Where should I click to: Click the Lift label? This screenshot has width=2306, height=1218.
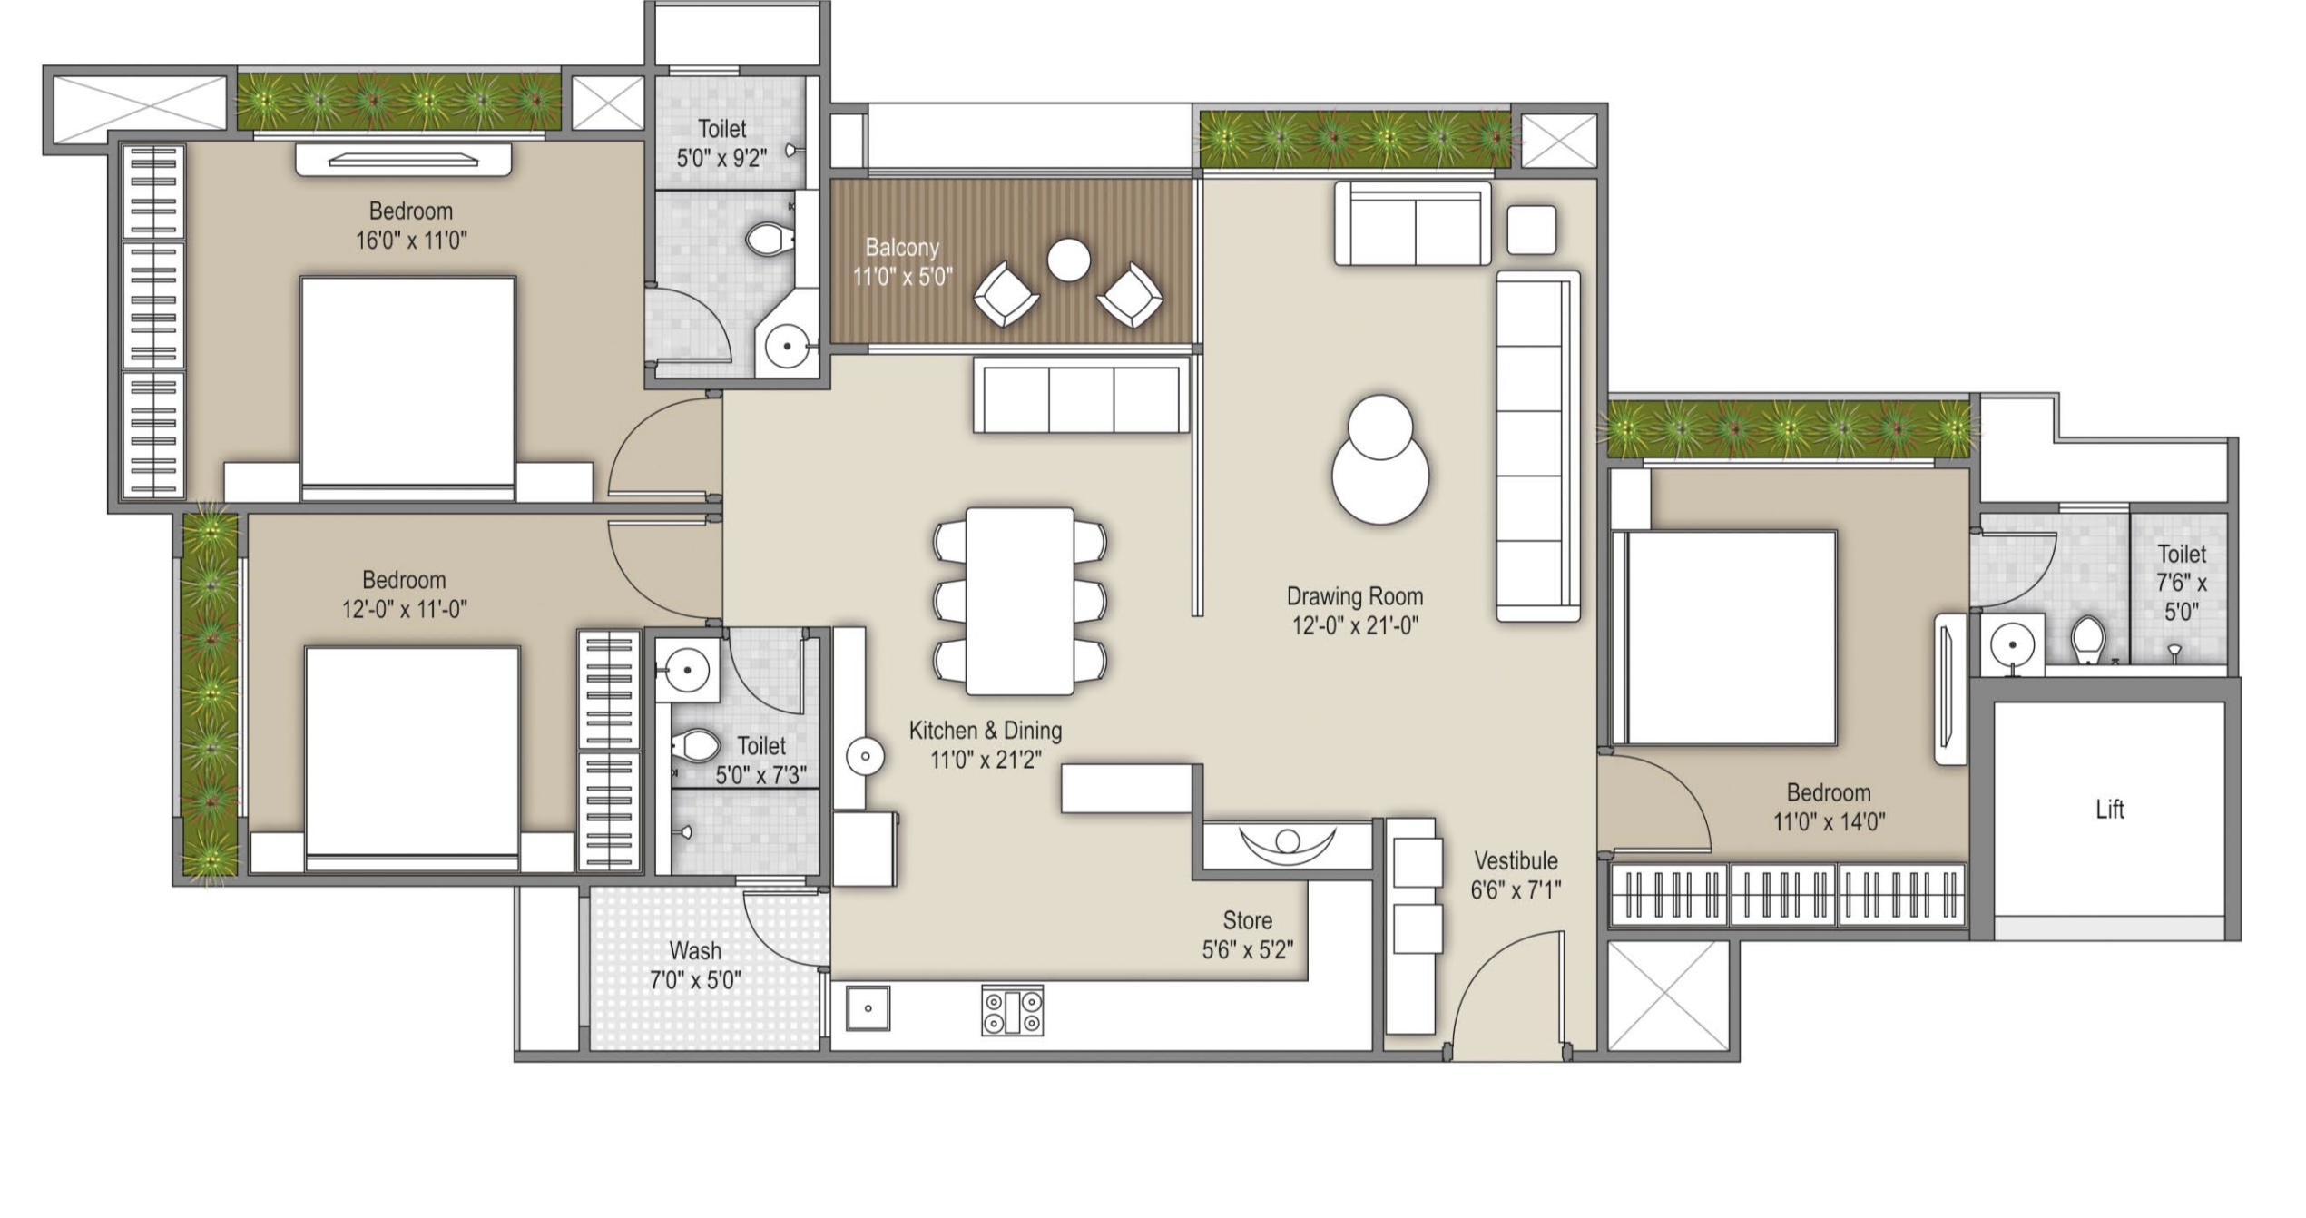[2109, 810]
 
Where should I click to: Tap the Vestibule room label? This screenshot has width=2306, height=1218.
[1516, 860]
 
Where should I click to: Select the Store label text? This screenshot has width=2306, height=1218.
[1247, 920]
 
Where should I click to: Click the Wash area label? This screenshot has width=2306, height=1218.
[695, 950]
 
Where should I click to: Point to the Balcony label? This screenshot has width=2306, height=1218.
[901, 247]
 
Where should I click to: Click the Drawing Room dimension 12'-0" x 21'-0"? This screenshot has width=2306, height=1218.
[1355, 625]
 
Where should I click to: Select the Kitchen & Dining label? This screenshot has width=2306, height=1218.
[986, 730]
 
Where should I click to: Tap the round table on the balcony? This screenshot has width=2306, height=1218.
[1068, 260]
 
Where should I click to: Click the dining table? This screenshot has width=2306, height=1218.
[1020, 601]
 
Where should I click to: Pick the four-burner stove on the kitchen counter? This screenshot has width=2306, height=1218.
[1012, 1011]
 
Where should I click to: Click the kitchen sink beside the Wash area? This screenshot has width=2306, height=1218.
[868, 1008]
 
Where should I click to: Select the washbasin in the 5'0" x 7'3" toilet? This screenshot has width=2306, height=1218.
[687, 670]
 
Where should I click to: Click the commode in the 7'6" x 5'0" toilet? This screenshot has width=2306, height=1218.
[2088, 639]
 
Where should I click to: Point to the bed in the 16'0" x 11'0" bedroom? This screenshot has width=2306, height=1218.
[407, 388]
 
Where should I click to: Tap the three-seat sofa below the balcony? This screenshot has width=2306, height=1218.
[1081, 395]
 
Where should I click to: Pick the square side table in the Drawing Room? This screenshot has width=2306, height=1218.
[1532, 231]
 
